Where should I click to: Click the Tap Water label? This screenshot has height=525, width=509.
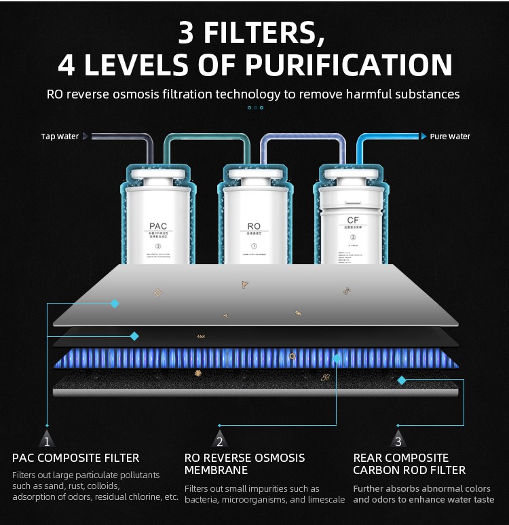[x=60, y=137]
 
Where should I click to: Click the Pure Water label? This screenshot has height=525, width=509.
[x=450, y=137]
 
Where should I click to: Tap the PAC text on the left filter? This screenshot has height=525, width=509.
[x=158, y=226]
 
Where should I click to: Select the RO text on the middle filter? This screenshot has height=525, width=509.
[x=254, y=226]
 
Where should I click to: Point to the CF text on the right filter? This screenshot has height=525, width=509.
[x=352, y=220]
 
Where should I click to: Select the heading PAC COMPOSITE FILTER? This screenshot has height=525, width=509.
[x=76, y=458]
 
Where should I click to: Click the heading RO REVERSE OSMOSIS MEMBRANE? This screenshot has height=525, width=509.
[x=244, y=464]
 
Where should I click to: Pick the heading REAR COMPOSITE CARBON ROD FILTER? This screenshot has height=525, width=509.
[x=409, y=464]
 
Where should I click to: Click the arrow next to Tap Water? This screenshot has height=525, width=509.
[x=86, y=137]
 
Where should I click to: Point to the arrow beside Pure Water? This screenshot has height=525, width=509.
[x=423, y=137]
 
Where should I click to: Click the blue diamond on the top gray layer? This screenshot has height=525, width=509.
[x=115, y=304]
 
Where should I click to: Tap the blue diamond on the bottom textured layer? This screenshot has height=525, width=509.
[x=402, y=380]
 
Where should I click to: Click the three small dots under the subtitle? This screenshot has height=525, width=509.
[x=254, y=107]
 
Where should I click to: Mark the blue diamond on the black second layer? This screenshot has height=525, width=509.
[x=134, y=336]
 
